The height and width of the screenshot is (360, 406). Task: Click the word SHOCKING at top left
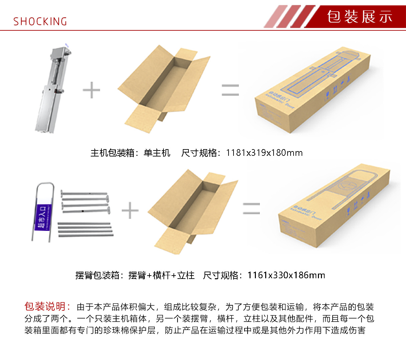[x=40, y=22]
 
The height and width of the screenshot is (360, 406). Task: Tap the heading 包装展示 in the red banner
[x=360, y=17]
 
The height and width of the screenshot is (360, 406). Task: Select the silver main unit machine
[x=53, y=90]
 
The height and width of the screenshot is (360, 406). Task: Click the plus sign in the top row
[x=91, y=90]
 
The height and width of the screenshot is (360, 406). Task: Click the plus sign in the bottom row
[x=130, y=211]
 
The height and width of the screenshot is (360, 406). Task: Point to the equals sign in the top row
[x=230, y=90]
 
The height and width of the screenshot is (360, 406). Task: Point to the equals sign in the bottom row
[x=251, y=208]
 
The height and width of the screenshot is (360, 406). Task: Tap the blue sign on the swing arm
[x=43, y=217]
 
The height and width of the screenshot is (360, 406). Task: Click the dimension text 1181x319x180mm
[x=264, y=153]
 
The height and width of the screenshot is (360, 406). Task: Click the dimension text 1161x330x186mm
[x=286, y=275]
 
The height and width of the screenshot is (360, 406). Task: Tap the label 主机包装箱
[x=112, y=153]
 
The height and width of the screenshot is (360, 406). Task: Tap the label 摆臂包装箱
[x=97, y=275]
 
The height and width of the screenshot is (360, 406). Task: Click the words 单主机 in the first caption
[x=157, y=153]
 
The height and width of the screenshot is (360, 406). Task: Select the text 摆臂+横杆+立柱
[x=161, y=275]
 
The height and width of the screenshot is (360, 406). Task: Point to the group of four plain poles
[x=85, y=230]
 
